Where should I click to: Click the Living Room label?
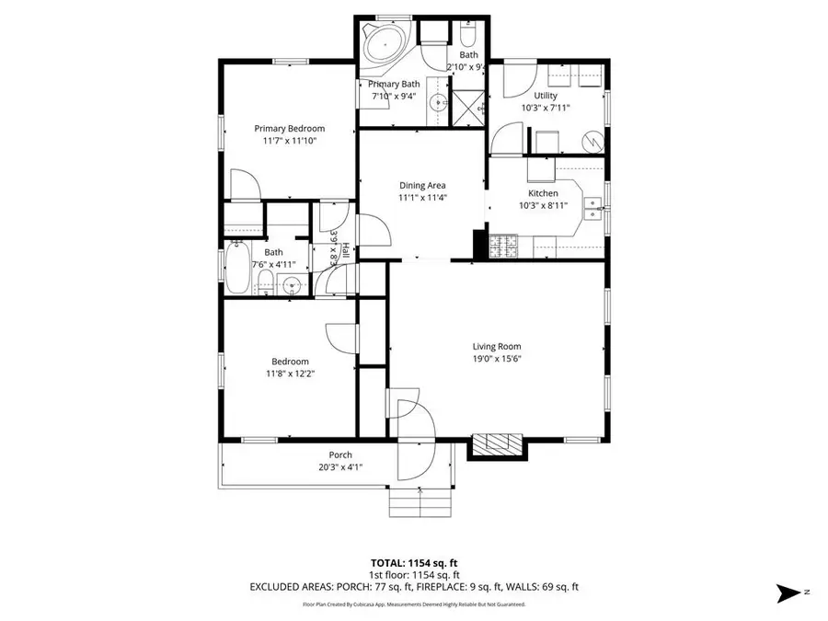[x=497, y=347]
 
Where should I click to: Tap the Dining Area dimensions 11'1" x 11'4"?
[x=422, y=197]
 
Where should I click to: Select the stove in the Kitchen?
[x=503, y=246]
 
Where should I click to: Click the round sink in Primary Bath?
[x=438, y=101]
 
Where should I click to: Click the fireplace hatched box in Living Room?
[x=496, y=444]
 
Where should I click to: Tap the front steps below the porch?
[x=419, y=503]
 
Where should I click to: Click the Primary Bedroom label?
[x=290, y=129]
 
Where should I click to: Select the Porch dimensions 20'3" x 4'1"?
[x=340, y=466]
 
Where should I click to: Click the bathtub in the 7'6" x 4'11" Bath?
[x=236, y=267]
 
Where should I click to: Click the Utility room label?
[x=546, y=96]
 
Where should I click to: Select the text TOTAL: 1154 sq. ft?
[x=413, y=562]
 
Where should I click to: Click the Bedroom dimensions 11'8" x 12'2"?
[x=290, y=374]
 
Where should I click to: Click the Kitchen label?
[x=543, y=193]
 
